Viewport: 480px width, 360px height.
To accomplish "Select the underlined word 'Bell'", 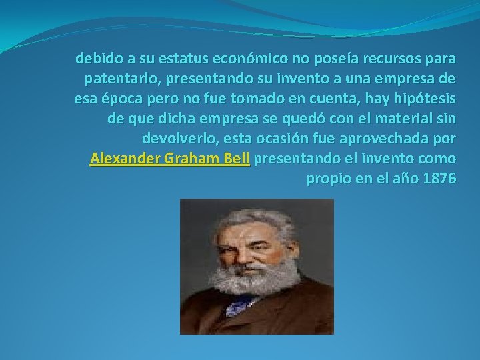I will (238, 159).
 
